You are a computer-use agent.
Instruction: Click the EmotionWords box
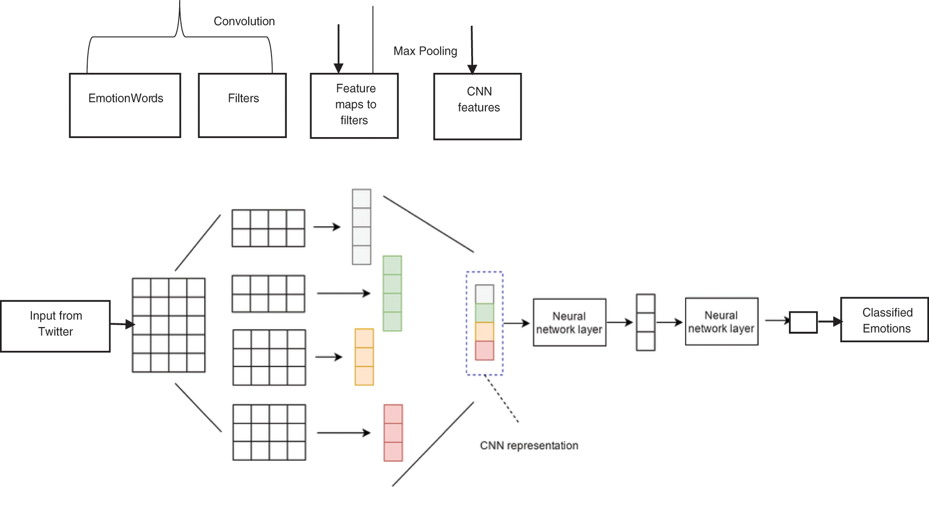point(125,105)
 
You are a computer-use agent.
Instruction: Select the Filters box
point(242,105)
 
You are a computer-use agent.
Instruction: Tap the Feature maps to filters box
point(354,106)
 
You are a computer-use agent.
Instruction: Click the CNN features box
point(477,106)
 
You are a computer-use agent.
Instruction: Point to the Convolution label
point(244,21)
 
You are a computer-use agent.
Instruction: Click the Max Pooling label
point(425,51)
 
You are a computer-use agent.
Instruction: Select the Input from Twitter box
point(55,326)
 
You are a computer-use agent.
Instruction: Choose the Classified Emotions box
point(885,320)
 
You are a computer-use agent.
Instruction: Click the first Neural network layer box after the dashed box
point(569,323)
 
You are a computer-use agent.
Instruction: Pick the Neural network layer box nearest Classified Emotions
point(721,322)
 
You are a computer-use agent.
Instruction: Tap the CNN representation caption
point(529,446)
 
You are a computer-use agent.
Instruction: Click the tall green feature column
point(393,293)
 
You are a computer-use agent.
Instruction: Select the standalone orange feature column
point(364,357)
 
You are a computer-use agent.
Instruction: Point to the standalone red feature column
point(393,433)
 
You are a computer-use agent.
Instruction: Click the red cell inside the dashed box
point(485,351)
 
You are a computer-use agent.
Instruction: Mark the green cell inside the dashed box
point(485,313)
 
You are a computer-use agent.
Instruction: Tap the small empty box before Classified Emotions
point(803,322)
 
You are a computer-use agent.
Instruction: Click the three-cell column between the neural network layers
point(646,322)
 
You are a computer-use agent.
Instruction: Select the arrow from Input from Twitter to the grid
point(122,325)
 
